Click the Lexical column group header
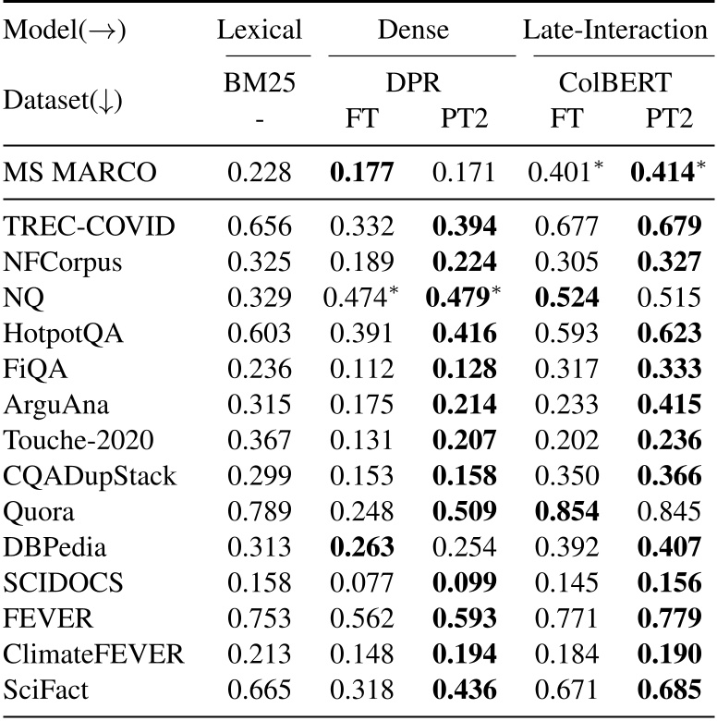click(x=260, y=31)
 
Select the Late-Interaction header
click(x=615, y=31)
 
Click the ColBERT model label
click(x=615, y=84)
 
